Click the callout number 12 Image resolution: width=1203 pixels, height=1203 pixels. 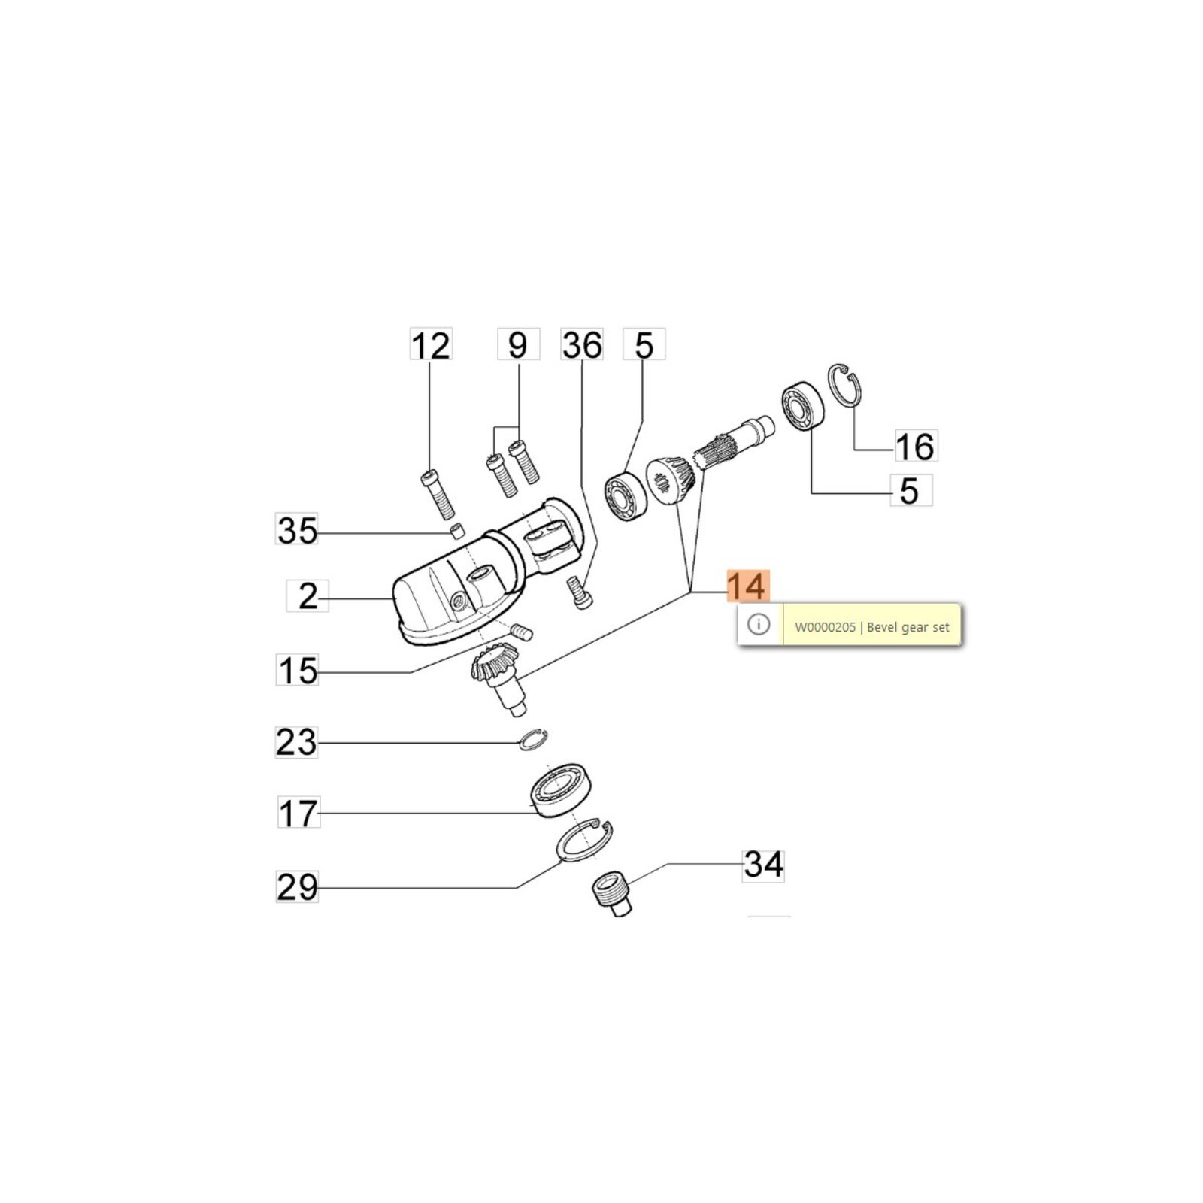point(431,345)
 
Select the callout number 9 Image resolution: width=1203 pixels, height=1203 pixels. point(518,345)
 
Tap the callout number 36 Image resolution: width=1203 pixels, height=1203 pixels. point(582,345)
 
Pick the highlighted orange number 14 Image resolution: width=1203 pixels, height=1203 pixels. point(747,586)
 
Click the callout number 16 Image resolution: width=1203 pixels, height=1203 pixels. point(915,446)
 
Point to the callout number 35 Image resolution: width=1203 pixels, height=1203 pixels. point(298,530)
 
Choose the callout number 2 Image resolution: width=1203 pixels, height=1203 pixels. point(308,596)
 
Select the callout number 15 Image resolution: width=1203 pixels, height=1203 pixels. point(298,671)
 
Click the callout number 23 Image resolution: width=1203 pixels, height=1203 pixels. point(297,742)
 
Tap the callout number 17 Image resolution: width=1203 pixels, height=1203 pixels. point(298,813)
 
